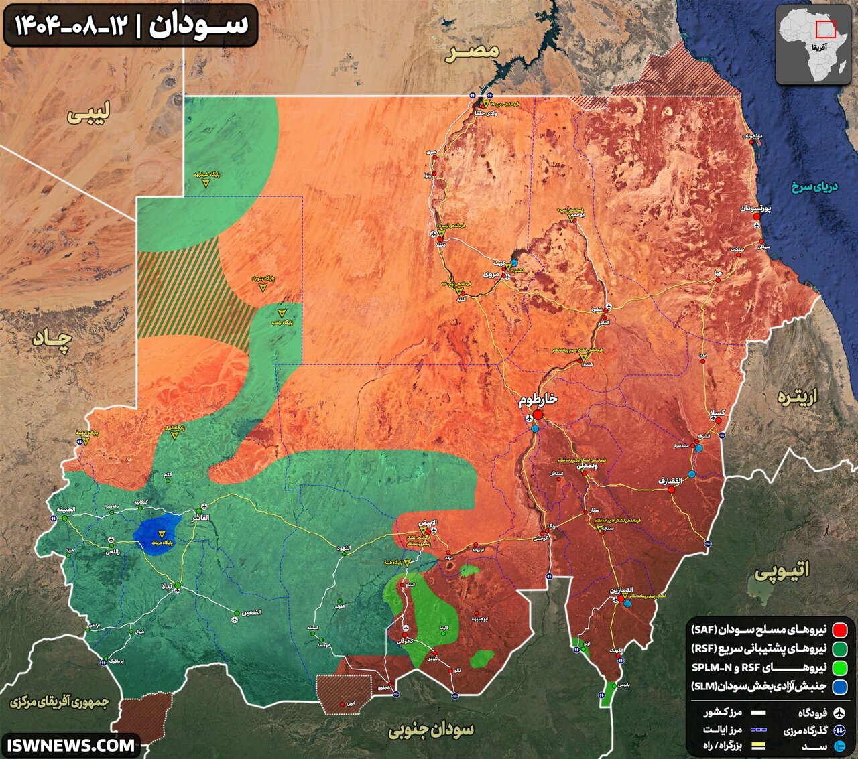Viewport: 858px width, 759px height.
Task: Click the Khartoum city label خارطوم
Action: point(538,399)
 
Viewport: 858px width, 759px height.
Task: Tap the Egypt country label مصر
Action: point(472,52)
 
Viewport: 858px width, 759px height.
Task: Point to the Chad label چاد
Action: point(52,339)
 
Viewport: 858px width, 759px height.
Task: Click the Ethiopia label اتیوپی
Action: point(782,570)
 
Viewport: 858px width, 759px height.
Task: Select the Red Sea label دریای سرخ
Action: point(815,186)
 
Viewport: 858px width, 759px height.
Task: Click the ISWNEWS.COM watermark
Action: point(70,744)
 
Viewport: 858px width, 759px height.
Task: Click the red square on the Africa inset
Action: point(825,29)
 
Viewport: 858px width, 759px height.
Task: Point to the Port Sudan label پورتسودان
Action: point(756,208)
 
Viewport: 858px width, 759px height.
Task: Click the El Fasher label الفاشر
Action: point(200,519)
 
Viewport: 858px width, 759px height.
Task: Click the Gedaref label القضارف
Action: point(669,480)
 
